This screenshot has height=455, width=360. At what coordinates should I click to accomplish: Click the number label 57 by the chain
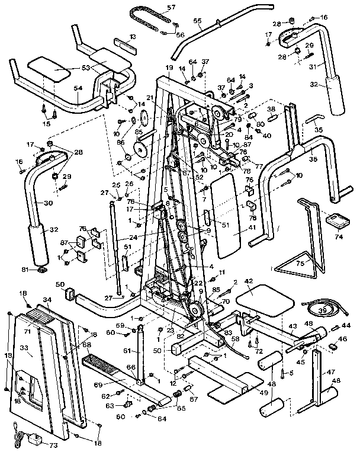tap(155, 7)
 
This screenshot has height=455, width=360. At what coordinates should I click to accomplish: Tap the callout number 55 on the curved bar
tap(198, 27)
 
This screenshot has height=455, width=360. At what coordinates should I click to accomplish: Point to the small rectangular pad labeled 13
tap(124, 44)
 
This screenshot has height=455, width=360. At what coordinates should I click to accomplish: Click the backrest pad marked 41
tap(228, 222)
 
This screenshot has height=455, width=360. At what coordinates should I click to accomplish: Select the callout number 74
tap(339, 235)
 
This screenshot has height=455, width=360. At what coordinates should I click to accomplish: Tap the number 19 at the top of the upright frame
tap(169, 69)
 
